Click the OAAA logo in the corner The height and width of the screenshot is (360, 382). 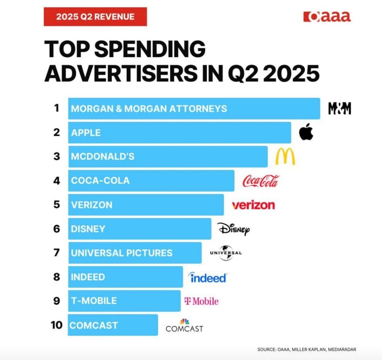(x=327, y=17)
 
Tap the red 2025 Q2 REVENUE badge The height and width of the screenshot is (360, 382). (x=95, y=17)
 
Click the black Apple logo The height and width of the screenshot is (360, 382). (x=306, y=132)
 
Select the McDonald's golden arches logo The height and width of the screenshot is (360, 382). (x=285, y=156)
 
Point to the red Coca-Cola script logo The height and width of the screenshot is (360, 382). (x=261, y=180)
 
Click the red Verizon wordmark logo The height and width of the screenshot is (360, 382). (x=253, y=205)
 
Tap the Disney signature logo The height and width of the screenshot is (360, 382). (x=234, y=229)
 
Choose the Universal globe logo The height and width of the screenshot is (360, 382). (x=226, y=253)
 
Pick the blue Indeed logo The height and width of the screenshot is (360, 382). (x=208, y=277)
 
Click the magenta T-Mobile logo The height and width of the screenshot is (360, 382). (x=201, y=301)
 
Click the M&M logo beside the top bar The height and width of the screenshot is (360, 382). (x=340, y=108)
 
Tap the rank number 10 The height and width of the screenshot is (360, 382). (x=56, y=325)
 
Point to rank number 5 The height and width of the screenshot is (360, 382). (x=57, y=205)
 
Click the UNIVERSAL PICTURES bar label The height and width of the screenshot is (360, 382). (x=121, y=253)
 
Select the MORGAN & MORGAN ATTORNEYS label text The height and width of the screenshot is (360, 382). (x=149, y=109)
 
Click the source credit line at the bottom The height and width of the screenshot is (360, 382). (x=307, y=349)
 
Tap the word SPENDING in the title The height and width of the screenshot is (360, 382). (x=150, y=50)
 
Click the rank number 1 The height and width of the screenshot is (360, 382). (x=57, y=108)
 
